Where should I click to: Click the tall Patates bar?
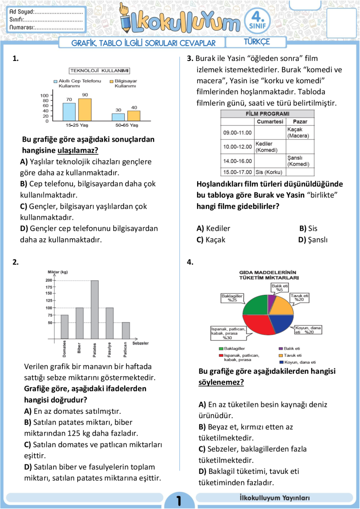point(94,310)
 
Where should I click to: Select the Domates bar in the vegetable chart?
point(65,327)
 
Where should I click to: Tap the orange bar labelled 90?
point(85,110)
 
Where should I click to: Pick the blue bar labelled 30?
point(118,117)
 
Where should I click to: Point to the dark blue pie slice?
point(281,323)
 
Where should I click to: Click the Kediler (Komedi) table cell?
point(270,147)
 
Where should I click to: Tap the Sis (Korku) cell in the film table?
point(269,172)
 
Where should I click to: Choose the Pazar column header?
point(300,122)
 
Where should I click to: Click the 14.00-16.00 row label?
point(237,161)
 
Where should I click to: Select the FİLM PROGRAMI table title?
point(267,114)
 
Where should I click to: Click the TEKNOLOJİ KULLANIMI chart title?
point(100,71)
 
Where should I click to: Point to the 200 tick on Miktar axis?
point(49,280)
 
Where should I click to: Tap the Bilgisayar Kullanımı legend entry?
point(123,83)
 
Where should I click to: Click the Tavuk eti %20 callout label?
point(299,298)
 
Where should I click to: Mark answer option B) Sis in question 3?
point(308,228)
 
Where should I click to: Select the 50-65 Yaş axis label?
point(127,125)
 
